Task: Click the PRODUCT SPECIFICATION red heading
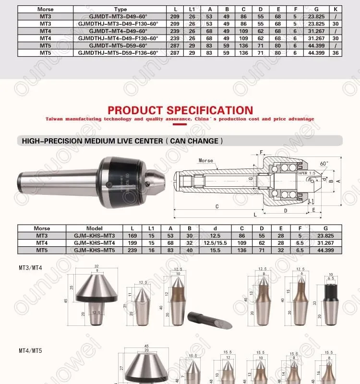click(180, 110)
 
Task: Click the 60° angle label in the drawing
click(324, 164)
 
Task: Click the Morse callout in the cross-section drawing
click(206, 160)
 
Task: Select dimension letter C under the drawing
click(217, 207)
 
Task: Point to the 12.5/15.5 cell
click(215, 243)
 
